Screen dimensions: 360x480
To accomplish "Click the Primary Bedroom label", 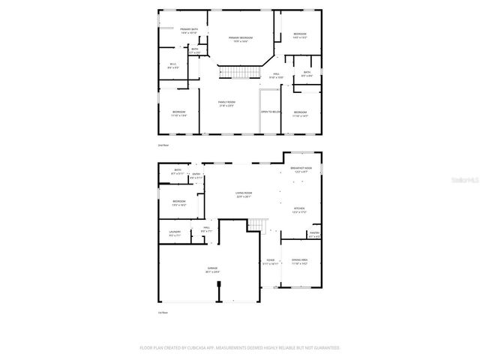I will point(240,38).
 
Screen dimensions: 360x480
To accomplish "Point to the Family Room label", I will point(226,103).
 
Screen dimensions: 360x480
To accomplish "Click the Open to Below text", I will point(270,112).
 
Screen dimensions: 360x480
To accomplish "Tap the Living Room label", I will point(243,194).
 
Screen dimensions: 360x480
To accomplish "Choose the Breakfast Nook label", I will point(301,169).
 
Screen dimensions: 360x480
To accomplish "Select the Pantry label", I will point(315,234).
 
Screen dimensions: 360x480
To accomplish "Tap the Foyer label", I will point(270,262).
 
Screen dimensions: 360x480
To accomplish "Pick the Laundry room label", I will point(175,233).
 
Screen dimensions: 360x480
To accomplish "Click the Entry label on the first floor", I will point(196,175).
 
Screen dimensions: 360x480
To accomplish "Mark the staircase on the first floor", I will point(258,225).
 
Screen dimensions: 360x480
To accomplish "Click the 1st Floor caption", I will point(163,312).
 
